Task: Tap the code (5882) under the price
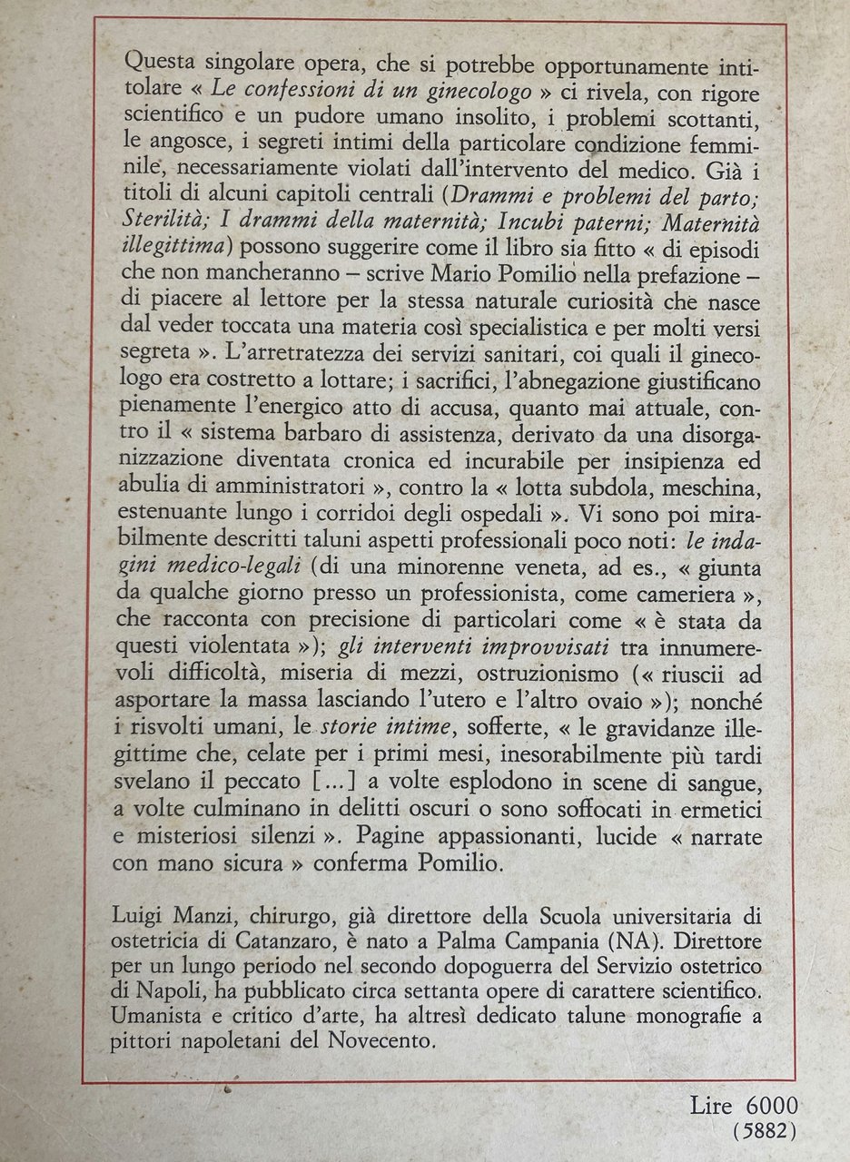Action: [x=766, y=1130]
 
